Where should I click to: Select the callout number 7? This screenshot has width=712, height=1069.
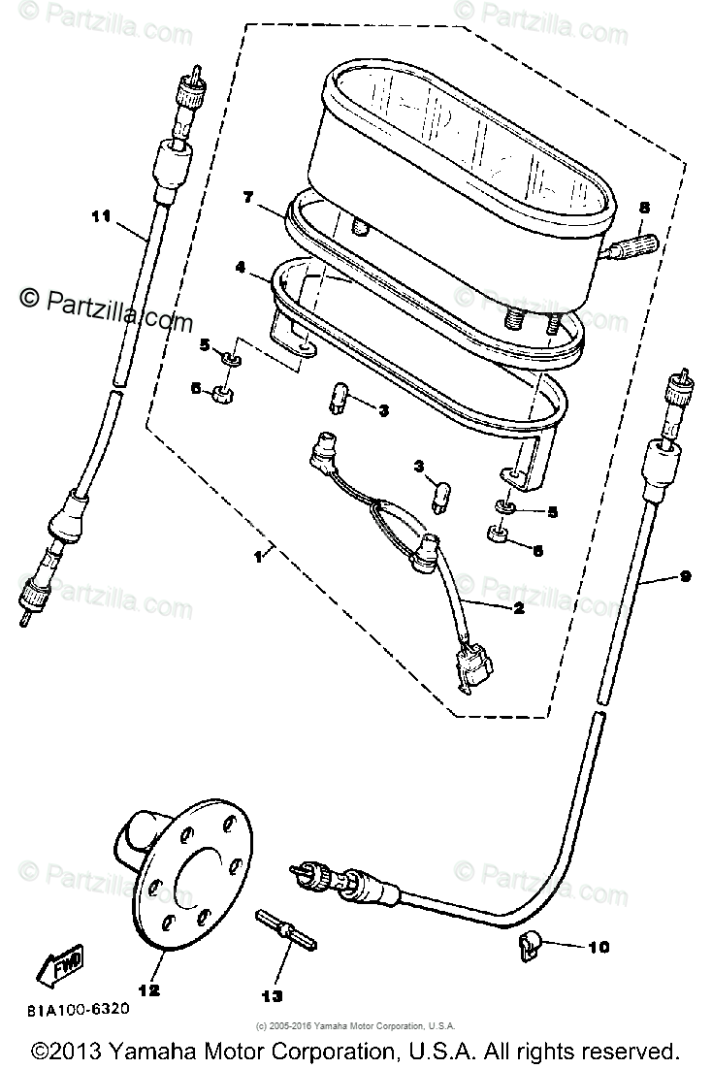(x=248, y=198)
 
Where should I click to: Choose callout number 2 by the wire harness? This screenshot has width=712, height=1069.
(x=519, y=609)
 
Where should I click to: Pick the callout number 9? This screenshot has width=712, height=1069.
(x=685, y=576)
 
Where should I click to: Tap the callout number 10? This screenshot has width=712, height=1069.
(x=599, y=947)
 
